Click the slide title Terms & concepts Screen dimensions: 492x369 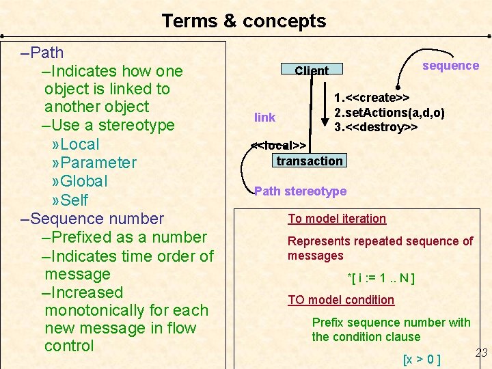(x=244, y=21)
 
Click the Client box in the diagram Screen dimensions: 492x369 (x=312, y=70)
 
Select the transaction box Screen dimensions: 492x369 (x=310, y=161)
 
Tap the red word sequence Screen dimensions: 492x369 (x=450, y=66)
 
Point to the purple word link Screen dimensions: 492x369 (x=264, y=118)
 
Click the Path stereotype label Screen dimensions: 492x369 (x=300, y=191)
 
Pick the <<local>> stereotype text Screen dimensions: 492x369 (x=278, y=146)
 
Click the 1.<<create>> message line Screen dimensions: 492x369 (x=372, y=98)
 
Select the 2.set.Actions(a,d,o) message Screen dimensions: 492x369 (x=389, y=112)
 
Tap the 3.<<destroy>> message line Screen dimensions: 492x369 (x=376, y=127)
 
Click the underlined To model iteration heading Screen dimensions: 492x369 (x=337, y=219)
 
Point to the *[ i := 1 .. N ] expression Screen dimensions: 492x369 (x=381, y=278)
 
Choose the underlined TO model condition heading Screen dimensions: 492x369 (x=341, y=300)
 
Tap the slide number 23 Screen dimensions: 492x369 (x=481, y=353)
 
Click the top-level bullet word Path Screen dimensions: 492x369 (x=47, y=53)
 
